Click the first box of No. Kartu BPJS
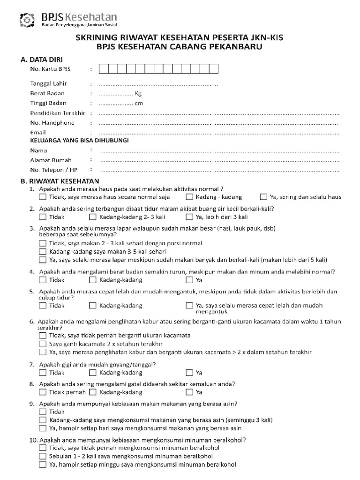pos(103,69)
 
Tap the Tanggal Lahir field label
pos(48,83)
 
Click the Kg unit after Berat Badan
pos(138,93)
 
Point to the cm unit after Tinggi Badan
pos(139,103)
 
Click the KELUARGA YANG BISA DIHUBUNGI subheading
pos(79,140)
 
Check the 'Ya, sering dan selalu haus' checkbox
pos(263,197)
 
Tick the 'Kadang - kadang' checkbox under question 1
pos(189,197)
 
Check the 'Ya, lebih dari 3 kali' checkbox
pos(189,217)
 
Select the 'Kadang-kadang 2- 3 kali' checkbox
pos(92,217)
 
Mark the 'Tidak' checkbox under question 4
pos(43,280)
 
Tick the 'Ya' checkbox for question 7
pos(189,373)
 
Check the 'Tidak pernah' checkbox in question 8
pos(43,392)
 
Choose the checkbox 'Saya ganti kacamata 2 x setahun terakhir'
pos(43,344)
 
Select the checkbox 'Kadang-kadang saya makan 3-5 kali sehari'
pos(43,252)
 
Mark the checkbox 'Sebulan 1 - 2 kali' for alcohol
pos(43,456)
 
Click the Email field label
pos(38,133)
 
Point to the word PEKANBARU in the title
pos(234,47)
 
